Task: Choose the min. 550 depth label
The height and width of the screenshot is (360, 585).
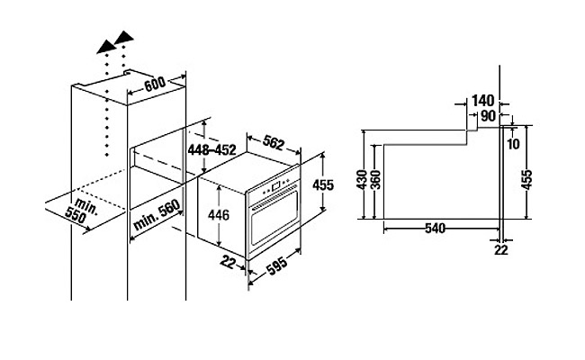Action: (x=70, y=211)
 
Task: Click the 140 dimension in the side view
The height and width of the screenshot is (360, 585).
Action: (x=483, y=101)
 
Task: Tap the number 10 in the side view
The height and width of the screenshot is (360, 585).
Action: (x=513, y=144)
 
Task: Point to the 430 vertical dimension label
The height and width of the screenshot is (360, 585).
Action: (x=361, y=180)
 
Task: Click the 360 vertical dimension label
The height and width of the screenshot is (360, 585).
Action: (x=374, y=180)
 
